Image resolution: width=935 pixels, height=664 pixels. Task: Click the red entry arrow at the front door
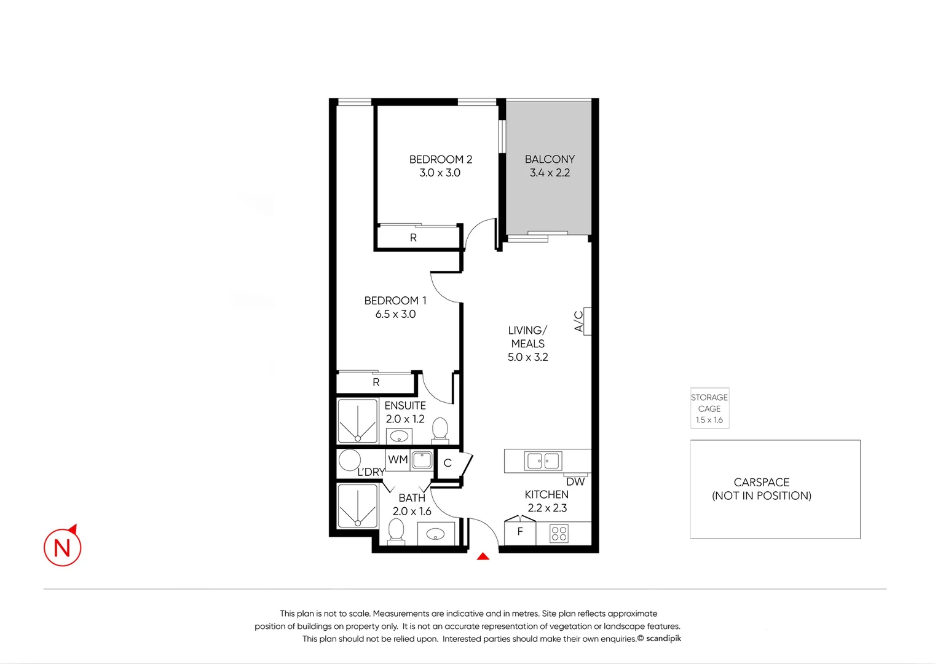483,556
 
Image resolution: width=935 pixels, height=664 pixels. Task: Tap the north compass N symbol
63,547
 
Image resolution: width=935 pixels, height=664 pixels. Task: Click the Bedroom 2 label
440,159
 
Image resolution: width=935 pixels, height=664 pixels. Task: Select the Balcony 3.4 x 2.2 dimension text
550,173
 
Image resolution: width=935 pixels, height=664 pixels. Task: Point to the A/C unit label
578,321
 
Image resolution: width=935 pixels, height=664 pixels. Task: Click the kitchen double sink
543,460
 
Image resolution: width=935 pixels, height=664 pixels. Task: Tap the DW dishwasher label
575,481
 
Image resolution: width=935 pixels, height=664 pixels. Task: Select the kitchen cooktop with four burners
559,533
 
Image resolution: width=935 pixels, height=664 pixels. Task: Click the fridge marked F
520,532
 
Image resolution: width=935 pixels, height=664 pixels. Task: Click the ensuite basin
399,437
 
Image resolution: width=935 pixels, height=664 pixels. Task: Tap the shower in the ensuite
357,421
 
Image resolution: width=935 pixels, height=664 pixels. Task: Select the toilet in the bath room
396,530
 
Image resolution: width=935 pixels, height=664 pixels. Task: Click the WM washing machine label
398,459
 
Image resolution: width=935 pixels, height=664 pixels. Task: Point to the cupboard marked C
448,464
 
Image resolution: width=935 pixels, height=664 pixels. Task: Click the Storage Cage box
709,408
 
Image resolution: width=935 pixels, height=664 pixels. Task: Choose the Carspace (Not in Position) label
762,489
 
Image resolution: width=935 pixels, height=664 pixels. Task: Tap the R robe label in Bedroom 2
413,237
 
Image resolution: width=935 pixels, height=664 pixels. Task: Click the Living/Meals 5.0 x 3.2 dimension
527,357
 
